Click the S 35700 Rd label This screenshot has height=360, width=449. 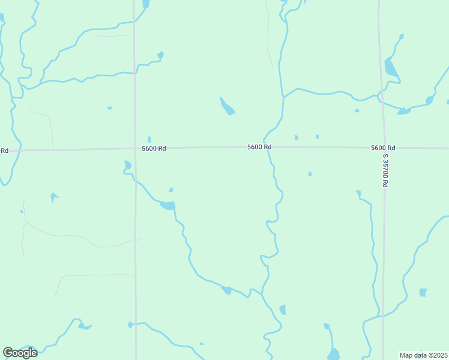click(385, 170)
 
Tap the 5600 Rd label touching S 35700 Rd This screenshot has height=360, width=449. click(383, 148)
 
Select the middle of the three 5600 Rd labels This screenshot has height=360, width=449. click(259, 147)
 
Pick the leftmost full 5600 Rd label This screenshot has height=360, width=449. click(154, 148)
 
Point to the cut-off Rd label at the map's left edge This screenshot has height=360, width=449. click(4, 150)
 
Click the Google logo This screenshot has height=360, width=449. click(20, 353)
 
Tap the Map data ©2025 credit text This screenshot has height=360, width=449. click(424, 355)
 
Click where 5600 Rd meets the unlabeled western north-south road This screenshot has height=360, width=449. click(135, 149)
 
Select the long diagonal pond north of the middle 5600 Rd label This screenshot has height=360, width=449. click(227, 106)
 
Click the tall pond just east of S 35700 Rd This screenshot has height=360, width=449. click(391, 68)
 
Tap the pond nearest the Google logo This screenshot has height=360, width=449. click(83, 326)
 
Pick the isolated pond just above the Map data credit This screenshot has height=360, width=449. click(423, 292)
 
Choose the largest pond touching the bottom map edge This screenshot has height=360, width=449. click(334, 354)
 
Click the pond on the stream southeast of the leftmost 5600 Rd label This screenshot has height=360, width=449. click(167, 206)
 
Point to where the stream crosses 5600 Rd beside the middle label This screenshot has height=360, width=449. click(268, 148)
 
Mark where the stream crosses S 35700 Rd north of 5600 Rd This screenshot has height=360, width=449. click(379, 95)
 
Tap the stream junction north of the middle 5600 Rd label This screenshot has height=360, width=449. click(283, 96)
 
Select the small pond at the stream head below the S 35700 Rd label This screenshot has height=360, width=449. click(358, 193)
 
